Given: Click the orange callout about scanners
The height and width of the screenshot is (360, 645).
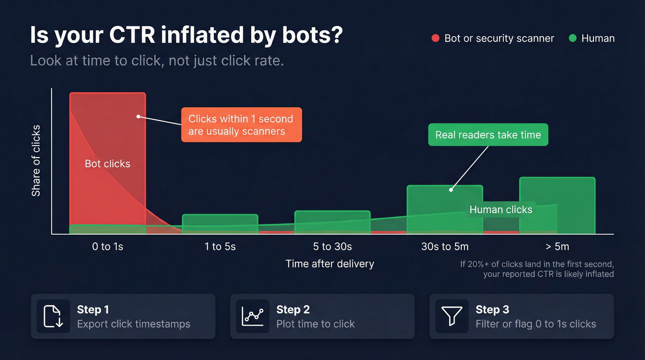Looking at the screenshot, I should tap(241, 124).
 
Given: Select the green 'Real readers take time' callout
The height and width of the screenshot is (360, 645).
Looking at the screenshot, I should tap(488, 135).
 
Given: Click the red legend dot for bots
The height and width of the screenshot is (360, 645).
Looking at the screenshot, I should tap(435, 38).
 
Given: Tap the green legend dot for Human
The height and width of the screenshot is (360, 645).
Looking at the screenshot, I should tap(573, 38).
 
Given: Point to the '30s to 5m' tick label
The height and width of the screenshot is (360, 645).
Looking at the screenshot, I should tap(445, 247).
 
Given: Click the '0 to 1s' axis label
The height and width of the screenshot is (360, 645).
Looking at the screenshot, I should tap(107, 247).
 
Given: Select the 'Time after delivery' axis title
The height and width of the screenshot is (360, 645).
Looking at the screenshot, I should tap(329, 264).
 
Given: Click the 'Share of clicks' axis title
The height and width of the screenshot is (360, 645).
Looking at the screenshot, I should tap(36, 160).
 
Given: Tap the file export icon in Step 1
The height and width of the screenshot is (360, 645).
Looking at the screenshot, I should tap(53, 316).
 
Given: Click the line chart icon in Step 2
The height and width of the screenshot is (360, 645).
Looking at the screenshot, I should tap(252, 316).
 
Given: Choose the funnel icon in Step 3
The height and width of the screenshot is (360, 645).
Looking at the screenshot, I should tap(451, 316).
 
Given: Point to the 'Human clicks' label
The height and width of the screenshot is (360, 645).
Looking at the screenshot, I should tap(501, 210).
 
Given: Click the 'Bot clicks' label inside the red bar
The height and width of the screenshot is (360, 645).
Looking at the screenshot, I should tap(107, 164).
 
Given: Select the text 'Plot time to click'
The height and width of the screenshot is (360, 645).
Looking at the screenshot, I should tap(315, 324).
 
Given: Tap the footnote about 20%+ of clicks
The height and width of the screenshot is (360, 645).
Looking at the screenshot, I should tap(537, 269).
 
